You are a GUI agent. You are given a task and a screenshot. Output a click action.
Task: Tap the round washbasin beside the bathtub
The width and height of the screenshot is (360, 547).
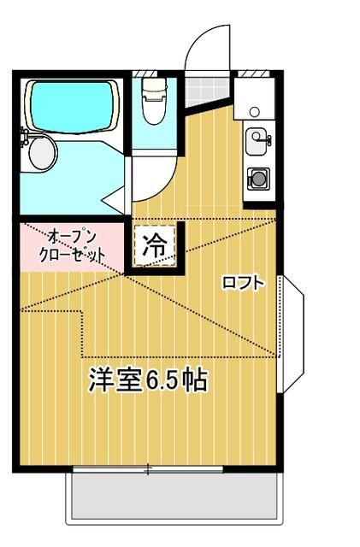pos(41,152)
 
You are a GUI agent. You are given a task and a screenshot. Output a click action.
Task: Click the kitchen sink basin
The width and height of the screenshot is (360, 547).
pos(257,143)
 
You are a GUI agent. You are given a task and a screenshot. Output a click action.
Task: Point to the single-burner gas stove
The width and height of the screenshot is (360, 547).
pos(257,179)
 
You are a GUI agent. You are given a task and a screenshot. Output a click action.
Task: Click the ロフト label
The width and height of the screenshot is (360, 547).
pos(242,283)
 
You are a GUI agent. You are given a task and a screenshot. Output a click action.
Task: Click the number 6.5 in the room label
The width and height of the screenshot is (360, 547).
pos(164,379)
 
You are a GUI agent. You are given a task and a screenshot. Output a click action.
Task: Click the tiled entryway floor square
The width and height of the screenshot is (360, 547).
pos(204,90)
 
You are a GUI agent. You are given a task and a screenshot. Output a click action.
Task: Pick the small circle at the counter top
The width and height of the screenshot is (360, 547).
pos(254,111)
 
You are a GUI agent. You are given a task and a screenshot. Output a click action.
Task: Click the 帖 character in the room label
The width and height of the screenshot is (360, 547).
pos(194,379)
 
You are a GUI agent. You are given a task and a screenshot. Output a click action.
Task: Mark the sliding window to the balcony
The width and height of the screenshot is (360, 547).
pos(147,468)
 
